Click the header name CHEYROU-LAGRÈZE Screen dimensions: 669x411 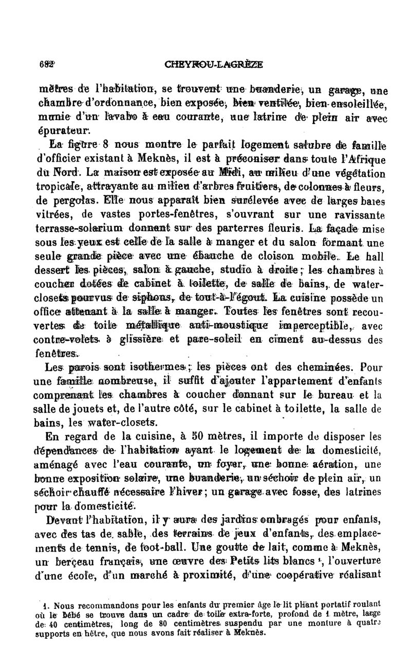tap(214, 64)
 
